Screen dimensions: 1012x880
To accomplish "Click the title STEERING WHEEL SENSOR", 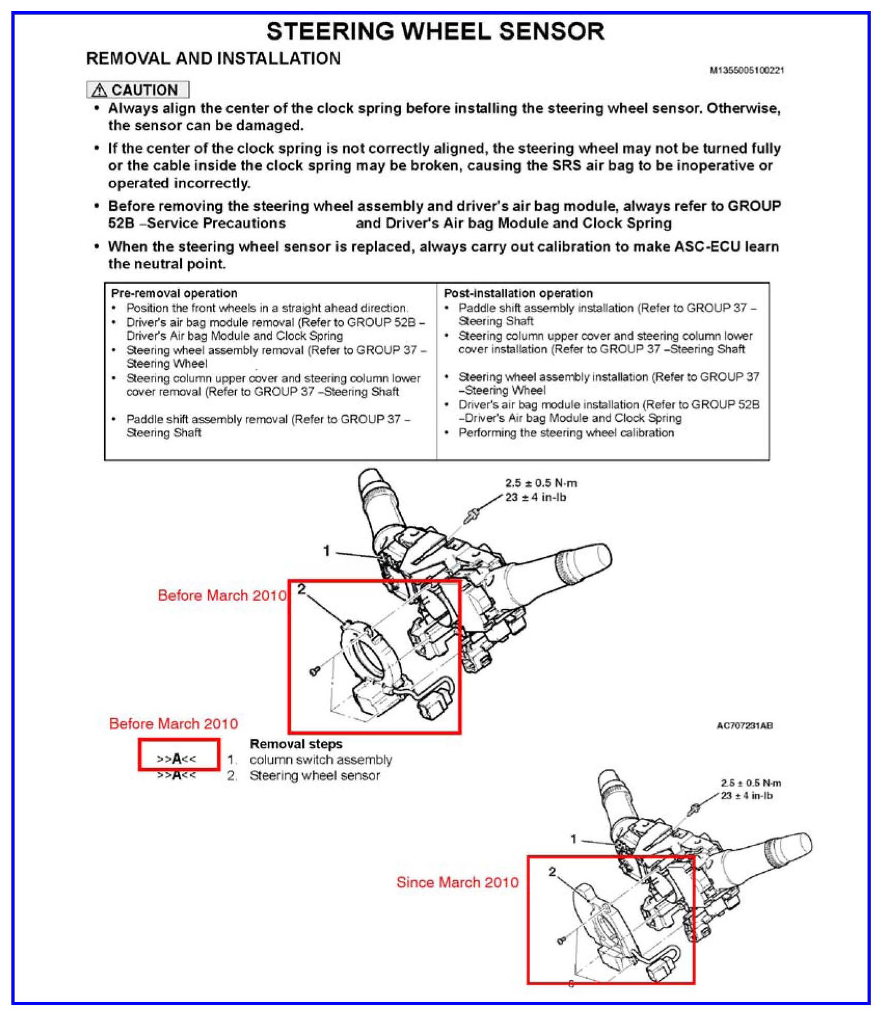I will point(435,31).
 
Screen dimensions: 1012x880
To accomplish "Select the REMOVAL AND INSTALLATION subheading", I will point(213,59).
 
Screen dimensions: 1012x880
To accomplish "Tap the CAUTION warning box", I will point(138,90).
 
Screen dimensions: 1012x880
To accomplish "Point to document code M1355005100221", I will point(746,70).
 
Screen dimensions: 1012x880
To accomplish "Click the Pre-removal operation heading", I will point(174,293).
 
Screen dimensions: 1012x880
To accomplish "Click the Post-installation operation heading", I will point(518,293).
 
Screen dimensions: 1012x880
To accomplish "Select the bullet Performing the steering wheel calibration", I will point(566,433).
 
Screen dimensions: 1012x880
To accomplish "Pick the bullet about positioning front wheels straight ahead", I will point(266,308).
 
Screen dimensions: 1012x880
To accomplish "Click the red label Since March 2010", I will point(457,882).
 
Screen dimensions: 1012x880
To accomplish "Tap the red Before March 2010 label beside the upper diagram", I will point(222,595).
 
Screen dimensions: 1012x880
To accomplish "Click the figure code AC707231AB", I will point(744,725).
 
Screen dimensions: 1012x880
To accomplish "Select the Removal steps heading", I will point(296,744).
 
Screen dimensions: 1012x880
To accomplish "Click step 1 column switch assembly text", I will point(321,760).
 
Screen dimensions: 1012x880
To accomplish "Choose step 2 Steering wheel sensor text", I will point(315,776).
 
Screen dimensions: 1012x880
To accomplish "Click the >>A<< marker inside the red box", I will point(177,759).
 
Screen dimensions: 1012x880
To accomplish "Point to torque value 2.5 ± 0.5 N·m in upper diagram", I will point(541,483).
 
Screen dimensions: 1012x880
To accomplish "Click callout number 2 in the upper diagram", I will point(301,589).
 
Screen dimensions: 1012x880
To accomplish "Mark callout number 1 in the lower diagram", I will point(574,839).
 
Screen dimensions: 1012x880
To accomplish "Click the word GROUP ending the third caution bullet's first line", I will point(754,206).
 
